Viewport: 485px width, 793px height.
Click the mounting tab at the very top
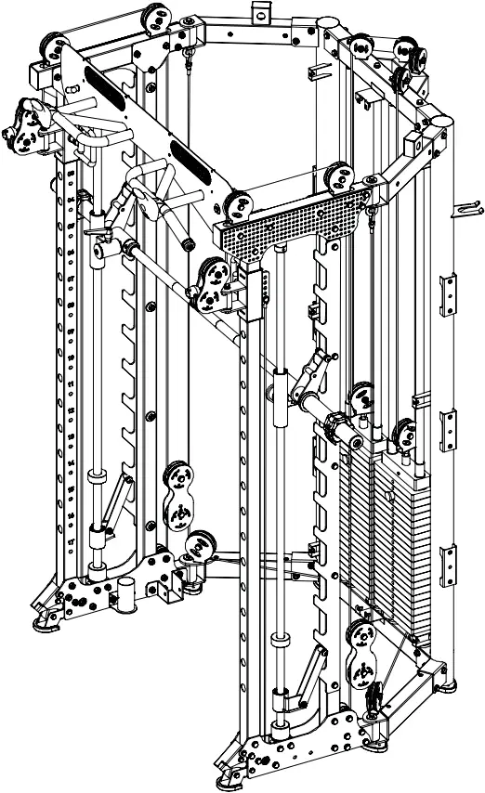261,10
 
